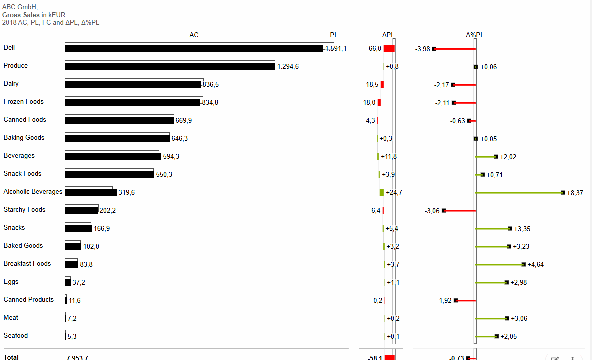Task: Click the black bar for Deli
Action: tap(194, 49)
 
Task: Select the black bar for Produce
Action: tap(170, 67)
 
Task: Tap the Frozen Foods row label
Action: tap(23, 102)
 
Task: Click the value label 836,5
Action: tap(210, 85)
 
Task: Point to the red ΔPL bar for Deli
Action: tap(389, 49)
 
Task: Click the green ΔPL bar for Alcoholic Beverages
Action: tap(382, 193)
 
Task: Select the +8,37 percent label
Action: tap(575, 193)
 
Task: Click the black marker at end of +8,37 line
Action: tap(563, 193)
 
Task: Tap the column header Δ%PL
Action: tap(475, 35)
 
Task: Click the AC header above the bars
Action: tap(194, 35)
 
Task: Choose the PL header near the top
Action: tap(334, 35)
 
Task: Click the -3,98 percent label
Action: tap(423, 49)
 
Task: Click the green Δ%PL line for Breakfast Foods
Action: tap(499, 265)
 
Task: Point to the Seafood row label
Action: tap(16, 336)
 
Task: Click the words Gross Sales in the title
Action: tap(21, 15)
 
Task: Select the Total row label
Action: tap(11, 357)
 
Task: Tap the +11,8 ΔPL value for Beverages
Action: tap(389, 157)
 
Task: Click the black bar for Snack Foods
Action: tap(109, 175)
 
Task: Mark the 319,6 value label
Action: tap(126, 193)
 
